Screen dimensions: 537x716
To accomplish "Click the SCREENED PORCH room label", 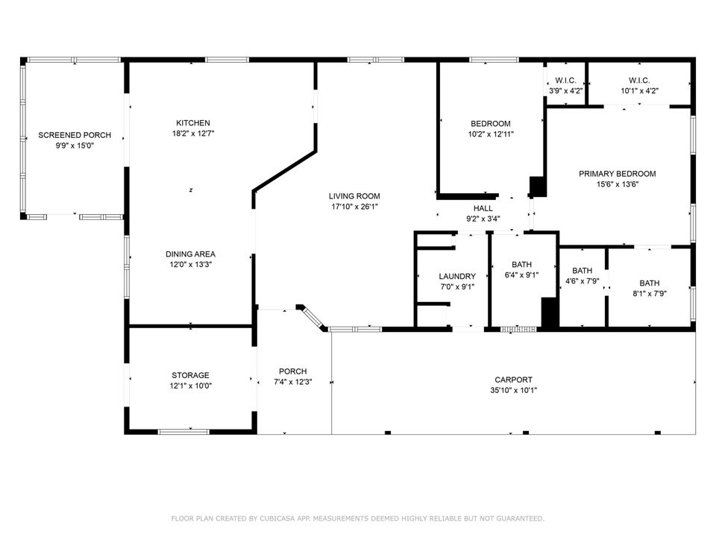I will click(x=75, y=135).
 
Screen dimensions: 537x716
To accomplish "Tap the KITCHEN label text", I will click(x=192, y=123).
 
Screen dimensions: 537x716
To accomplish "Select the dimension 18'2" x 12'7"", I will click(x=192, y=134).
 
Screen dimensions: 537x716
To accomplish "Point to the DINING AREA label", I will click(x=190, y=254).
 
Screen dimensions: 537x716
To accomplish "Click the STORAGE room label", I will click(x=190, y=375).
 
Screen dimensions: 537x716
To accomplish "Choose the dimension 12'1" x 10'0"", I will click(x=190, y=386).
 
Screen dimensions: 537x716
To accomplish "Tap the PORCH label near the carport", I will click(x=292, y=371).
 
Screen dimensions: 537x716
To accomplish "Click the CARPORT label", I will click(x=513, y=380).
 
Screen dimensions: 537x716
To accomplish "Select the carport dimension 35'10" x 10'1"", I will click(x=513, y=390).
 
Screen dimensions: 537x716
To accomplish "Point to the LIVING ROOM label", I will click(x=355, y=196).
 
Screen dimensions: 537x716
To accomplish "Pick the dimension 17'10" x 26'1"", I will click(x=355, y=207).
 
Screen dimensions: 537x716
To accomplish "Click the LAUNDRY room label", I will click(x=456, y=276).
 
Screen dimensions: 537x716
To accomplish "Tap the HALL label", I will click(x=483, y=208).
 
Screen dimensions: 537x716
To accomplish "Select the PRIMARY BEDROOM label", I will click(x=617, y=174).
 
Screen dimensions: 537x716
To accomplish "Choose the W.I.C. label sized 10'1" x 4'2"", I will click(x=638, y=81).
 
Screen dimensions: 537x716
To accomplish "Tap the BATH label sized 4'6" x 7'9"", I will click(x=582, y=271).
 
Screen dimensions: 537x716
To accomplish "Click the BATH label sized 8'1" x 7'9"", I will click(x=649, y=283).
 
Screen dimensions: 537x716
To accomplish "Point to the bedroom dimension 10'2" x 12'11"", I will click(x=490, y=134).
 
